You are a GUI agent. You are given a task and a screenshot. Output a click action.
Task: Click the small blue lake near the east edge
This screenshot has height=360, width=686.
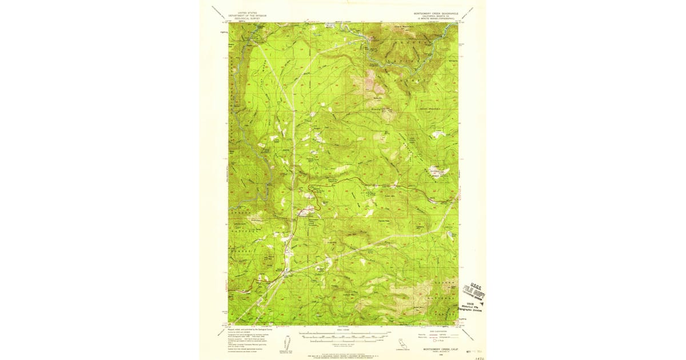pyautogui.click(x=453, y=234)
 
